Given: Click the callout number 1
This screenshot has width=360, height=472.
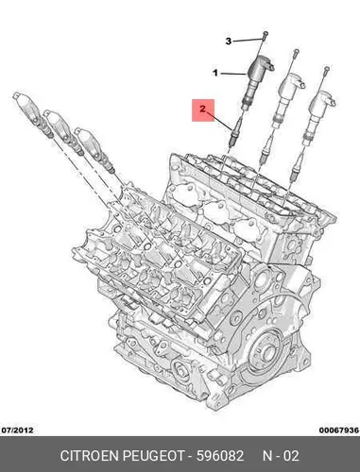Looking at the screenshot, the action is pos(215,74).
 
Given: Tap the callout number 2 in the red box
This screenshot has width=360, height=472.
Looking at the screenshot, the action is pos(203,110).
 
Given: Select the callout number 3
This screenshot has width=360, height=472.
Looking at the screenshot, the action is pos(229,41).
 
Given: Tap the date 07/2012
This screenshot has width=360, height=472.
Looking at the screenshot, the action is pos(17,430).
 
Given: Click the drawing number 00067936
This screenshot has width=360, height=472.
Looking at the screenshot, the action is pos(338,430).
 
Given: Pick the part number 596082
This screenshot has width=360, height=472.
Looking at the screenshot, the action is pos(220,456).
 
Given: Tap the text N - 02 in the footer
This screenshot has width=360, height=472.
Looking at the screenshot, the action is pos(281,456).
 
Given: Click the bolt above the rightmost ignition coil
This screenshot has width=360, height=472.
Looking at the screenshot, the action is pos(326,72).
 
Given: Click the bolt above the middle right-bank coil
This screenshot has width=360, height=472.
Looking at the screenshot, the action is pos(296,54).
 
